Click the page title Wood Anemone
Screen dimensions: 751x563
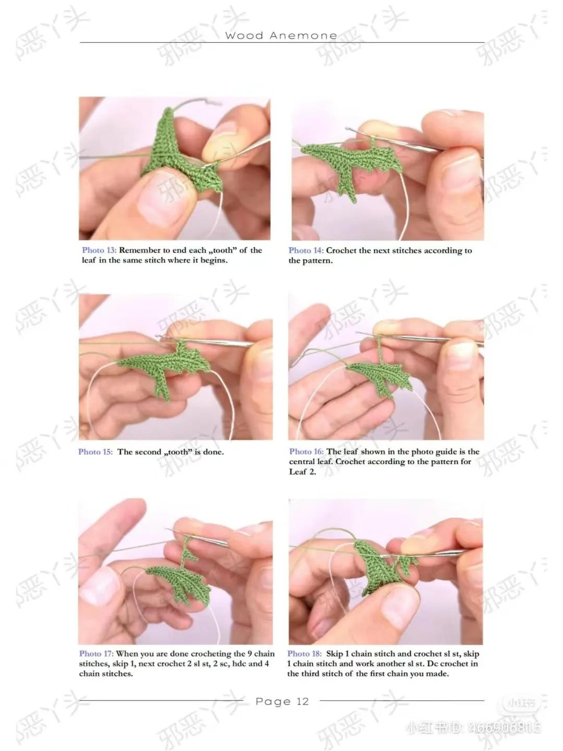coord(281,35)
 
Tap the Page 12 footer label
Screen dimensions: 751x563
coord(282,701)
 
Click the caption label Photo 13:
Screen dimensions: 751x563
coord(99,250)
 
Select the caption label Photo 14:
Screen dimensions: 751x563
coord(306,250)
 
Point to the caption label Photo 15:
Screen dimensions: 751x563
coord(95,452)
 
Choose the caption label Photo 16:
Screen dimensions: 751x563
coord(307,452)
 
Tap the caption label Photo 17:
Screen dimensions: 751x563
coord(96,653)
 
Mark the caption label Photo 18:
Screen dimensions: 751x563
coord(304,653)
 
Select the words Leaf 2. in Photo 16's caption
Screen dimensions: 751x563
coord(303,472)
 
